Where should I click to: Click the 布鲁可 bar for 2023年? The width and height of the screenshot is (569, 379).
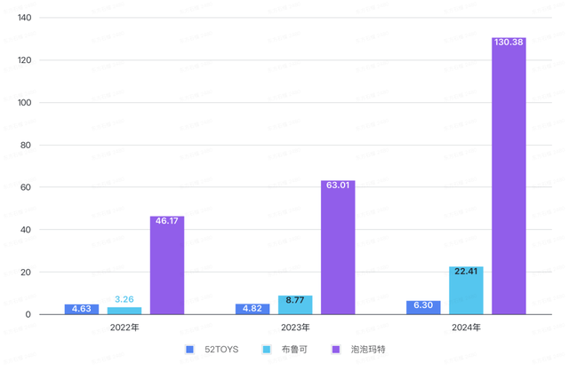[295, 307]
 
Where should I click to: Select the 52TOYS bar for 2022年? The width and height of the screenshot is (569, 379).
[82, 310]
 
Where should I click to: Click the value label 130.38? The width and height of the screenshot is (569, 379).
[509, 43]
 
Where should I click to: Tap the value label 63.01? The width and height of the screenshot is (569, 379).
[338, 186]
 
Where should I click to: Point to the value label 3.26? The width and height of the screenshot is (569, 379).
[124, 300]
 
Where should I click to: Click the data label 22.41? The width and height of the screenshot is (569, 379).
[466, 272]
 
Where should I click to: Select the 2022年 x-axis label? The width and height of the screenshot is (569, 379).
[124, 328]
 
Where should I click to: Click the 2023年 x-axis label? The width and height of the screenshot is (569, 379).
[295, 328]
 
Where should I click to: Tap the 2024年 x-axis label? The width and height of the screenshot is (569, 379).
[466, 328]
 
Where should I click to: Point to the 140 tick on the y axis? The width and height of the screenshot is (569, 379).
[24, 18]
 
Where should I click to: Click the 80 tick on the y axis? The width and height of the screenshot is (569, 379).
[27, 145]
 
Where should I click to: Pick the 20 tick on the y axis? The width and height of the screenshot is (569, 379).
[27, 272]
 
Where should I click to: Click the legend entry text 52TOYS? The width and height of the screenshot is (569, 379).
[221, 350]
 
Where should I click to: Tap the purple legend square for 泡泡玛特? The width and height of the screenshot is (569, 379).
[336, 350]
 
